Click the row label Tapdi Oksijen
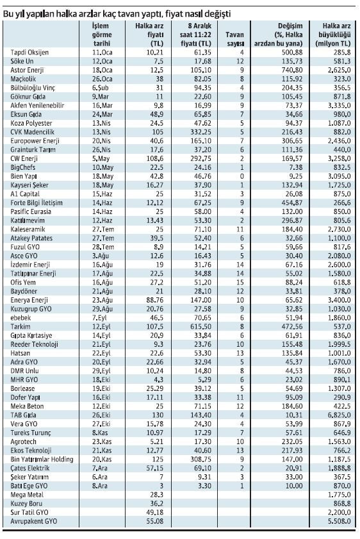pyautogui.click(x=29, y=53)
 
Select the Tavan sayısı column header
pyautogui.click(x=235, y=39)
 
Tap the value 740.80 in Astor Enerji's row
pyautogui.click(x=291, y=70)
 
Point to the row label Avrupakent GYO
pyautogui.click(x=34, y=521)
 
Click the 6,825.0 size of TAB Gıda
pyautogui.click(x=339, y=415)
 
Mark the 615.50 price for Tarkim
pyautogui.click(x=200, y=327)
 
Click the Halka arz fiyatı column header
pyautogui.click(x=149, y=35)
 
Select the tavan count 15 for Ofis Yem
pyautogui.click(x=240, y=282)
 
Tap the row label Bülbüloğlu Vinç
pyautogui.click(x=33, y=88)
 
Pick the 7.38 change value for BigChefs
pyautogui.click(x=296, y=167)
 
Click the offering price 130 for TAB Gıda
pyautogui.click(x=158, y=415)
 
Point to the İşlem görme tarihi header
pyautogui.click(x=102, y=35)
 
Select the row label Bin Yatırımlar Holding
pyautogui.click(x=42, y=460)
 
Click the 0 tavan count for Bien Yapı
pyautogui.click(x=242, y=176)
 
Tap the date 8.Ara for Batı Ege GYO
pyautogui.click(x=100, y=486)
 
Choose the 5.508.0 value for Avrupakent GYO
pyautogui.click(x=339, y=521)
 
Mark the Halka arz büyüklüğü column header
pyautogui.click(x=333, y=35)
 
